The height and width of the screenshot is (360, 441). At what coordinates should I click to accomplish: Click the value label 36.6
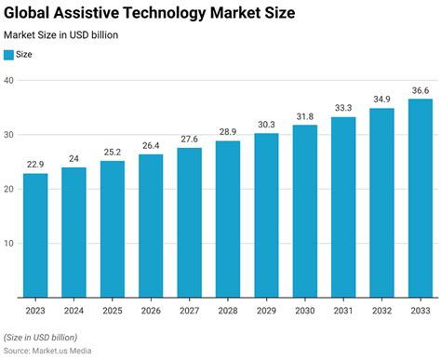pos(421,90)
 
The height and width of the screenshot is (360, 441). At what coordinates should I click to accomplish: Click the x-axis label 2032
pos(381,313)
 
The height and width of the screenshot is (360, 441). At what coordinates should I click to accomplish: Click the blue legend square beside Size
pos(9,55)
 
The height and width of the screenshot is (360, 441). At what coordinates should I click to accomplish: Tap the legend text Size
pos(27,55)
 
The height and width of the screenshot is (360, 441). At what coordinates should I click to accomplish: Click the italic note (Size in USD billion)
pos(41,337)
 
